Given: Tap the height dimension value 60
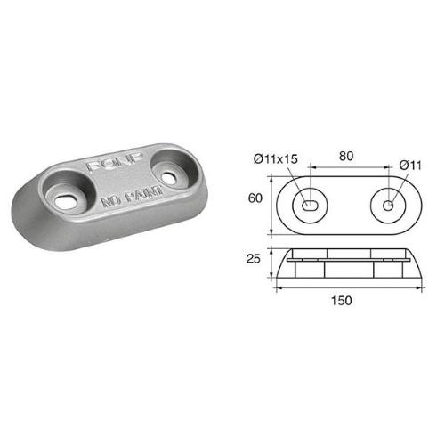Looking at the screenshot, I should [x=255, y=201].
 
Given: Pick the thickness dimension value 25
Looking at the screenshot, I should [x=255, y=262].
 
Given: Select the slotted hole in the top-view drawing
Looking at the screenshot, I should [x=312, y=204].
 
